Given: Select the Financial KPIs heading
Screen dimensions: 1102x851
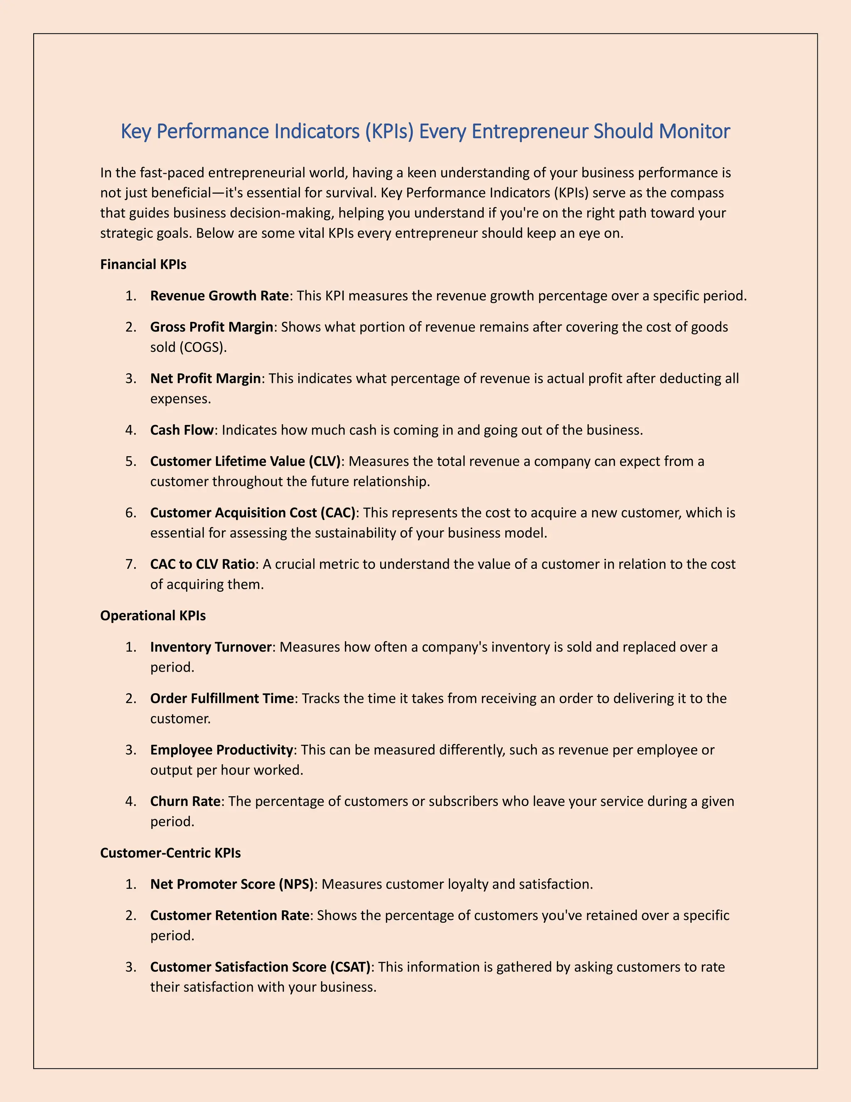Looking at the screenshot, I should [143, 264].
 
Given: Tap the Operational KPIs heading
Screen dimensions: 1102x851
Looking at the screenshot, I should [153, 615].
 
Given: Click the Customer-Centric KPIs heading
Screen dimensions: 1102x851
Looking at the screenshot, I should [170, 853].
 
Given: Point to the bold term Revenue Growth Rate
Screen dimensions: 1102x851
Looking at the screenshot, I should [219, 296].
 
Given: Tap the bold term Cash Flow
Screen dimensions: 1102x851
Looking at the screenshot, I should [182, 430].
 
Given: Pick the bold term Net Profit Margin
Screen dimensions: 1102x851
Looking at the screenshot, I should [205, 378].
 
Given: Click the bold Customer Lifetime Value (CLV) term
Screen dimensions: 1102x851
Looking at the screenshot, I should [245, 461].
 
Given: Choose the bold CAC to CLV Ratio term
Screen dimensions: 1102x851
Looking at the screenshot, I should [203, 564].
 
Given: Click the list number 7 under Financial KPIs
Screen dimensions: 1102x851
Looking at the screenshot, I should [130, 564].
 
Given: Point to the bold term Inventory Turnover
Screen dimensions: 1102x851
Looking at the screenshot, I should [211, 647].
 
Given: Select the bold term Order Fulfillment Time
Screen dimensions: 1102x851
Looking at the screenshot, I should [222, 698].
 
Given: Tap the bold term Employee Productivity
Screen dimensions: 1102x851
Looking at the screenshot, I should [221, 750].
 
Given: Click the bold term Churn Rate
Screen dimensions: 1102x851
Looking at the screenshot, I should [185, 801].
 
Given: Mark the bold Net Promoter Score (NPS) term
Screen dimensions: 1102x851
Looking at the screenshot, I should [232, 884].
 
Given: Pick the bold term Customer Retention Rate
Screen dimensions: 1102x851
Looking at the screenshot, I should [229, 915].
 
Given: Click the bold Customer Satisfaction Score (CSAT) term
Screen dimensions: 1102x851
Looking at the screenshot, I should [260, 967].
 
